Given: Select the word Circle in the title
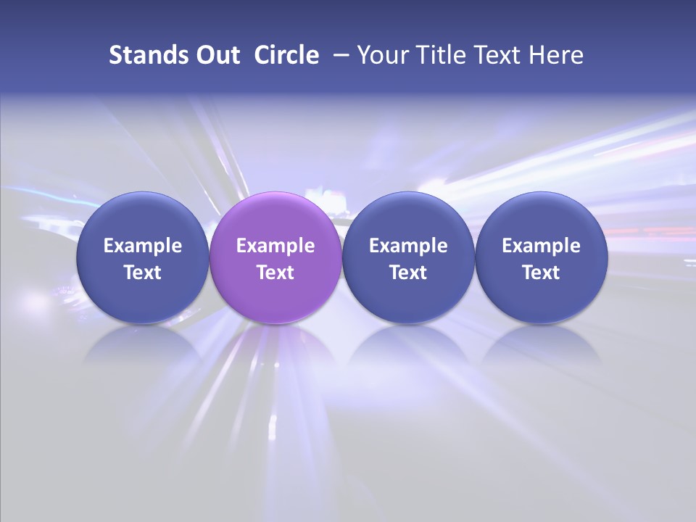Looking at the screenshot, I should [x=286, y=55].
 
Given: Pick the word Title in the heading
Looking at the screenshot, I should [x=439, y=55].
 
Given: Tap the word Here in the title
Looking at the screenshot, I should [x=555, y=55].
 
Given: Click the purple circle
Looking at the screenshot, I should [x=275, y=217].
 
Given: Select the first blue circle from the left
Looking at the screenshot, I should [x=143, y=217].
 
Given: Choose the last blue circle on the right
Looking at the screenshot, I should [x=542, y=217].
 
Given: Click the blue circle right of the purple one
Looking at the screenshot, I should [x=408, y=217].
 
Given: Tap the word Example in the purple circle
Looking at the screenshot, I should [x=275, y=246].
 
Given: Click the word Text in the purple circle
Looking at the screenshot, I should [x=275, y=273].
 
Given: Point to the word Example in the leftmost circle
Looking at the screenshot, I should [x=143, y=246].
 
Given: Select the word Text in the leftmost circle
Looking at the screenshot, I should [x=143, y=273].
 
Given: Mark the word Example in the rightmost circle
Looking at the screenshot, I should [x=542, y=246].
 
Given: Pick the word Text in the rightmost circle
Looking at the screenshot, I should [x=542, y=273].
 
